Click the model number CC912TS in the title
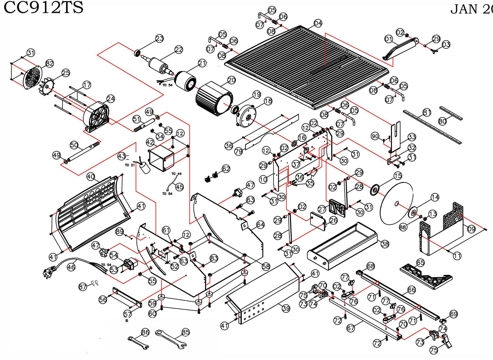tap(43, 7)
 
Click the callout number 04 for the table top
tap(318, 23)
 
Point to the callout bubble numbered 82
tap(50, 63)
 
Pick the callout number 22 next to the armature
tap(179, 50)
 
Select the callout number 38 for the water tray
tap(385, 244)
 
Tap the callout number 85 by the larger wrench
tap(185, 332)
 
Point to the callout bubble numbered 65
tap(420, 262)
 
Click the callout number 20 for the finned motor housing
tap(232, 80)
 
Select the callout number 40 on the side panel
tap(90, 177)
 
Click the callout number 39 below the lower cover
tap(286, 308)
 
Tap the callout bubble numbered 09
tap(471, 229)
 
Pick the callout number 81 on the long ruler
tap(427, 112)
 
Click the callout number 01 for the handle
tap(389, 39)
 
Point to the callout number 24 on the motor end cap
tap(111, 99)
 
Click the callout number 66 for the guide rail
tap(412, 290)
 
